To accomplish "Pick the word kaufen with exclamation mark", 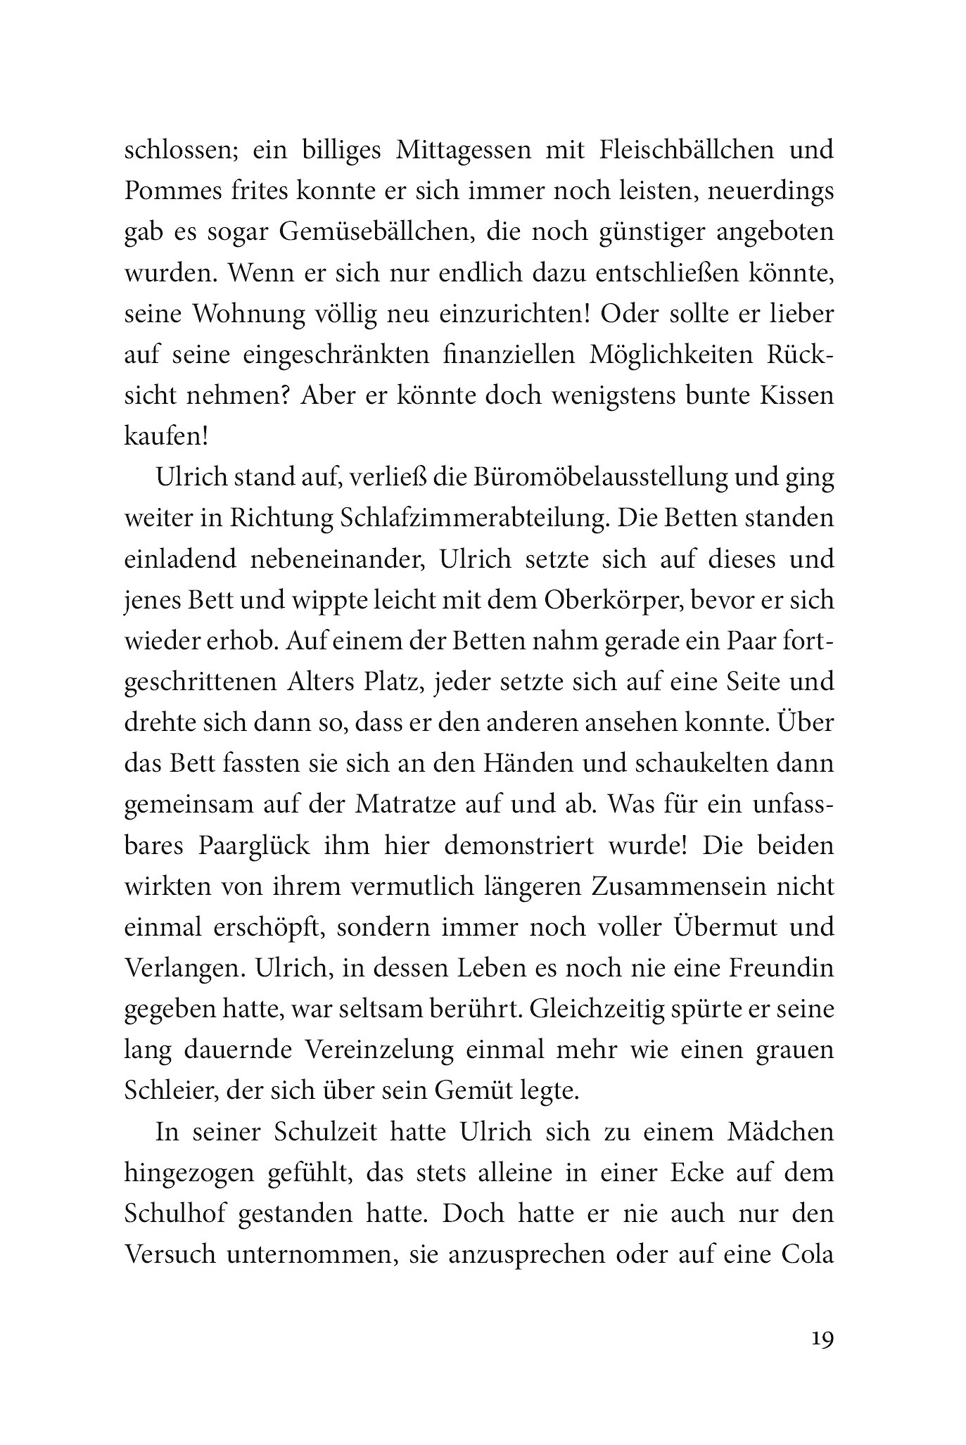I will pos(167,437).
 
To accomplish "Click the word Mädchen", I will pos(773,1152).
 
